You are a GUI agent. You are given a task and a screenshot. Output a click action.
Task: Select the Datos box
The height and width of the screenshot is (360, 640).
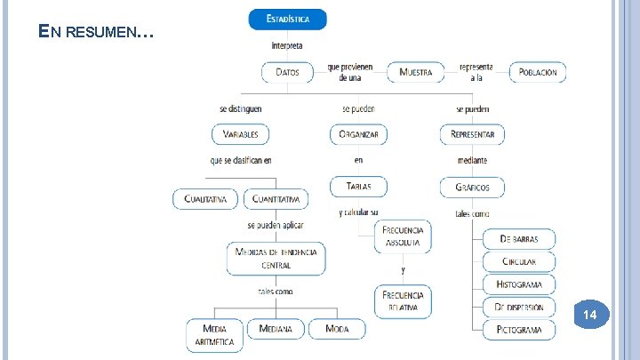click(x=287, y=72)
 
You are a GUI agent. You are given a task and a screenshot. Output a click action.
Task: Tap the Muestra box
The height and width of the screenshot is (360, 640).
click(x=416, y=72)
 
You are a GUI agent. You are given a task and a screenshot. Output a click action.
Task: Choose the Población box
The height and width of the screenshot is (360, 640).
click(x=537, y=72)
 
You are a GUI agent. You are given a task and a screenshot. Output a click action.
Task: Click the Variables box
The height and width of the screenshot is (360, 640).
click(x=240, y=134)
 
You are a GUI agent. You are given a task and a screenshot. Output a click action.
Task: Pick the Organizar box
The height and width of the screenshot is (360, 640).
click(x=358, y=134)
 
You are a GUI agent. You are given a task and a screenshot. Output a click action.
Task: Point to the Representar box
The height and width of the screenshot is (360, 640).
click(x=472, y=134)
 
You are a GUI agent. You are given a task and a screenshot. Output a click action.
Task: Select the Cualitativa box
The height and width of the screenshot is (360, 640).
click(x=205, y=198)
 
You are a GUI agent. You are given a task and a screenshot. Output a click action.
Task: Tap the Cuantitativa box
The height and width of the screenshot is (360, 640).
click(x=276, y=198)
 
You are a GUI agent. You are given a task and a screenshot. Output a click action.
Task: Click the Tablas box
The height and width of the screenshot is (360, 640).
click(x=358, y=187)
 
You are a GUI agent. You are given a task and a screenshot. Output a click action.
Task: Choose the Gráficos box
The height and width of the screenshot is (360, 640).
click(x=472, y=188)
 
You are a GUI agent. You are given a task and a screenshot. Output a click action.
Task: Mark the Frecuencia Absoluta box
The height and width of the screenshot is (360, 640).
click(x=403, y=236)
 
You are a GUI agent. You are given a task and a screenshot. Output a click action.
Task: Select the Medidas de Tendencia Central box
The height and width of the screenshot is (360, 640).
click(x=276, y=258)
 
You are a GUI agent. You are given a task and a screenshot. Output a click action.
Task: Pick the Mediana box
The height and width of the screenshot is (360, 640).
click(x=276, y=329)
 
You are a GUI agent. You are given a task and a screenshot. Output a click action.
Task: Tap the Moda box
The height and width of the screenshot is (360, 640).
click(x=337, y=329)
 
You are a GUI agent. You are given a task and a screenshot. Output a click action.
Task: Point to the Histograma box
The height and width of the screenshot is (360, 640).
click(x=519, y=284)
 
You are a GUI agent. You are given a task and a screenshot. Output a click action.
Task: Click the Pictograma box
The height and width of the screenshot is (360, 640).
click(x=519, y=330)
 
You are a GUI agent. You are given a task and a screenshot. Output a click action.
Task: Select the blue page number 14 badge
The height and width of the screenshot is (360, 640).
click(x=590, y=316)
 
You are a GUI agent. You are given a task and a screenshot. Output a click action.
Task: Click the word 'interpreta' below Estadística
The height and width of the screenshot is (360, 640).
click(x=286, y=45)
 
